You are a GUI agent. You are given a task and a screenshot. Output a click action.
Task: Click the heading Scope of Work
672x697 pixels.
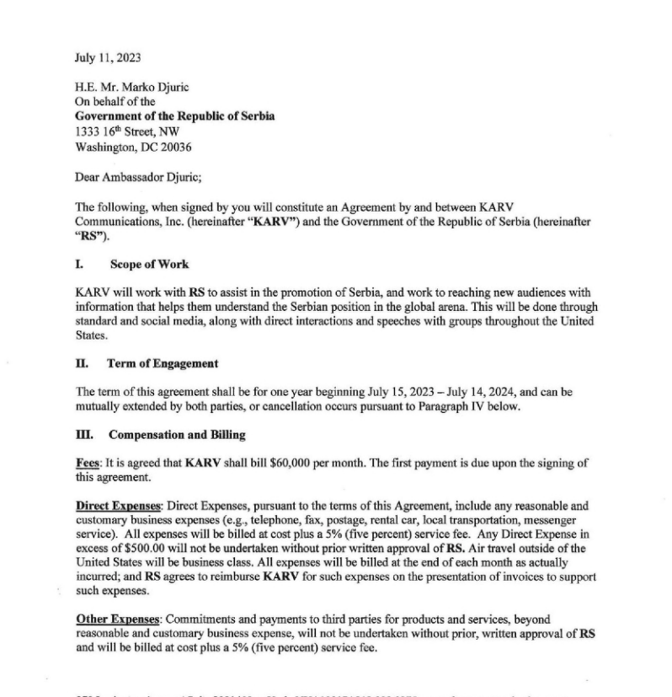[x=149, y=265]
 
